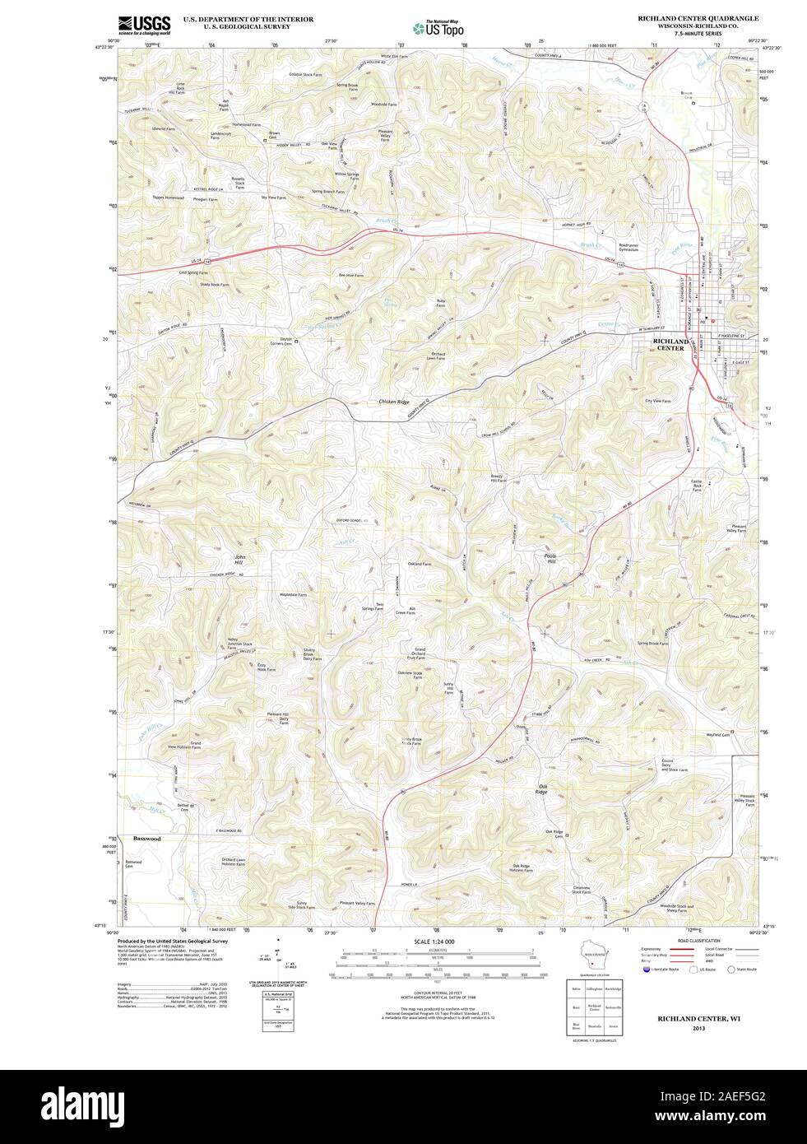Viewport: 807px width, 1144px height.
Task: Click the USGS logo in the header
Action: [144, 24]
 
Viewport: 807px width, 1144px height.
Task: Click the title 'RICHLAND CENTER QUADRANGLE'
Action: [698, 17]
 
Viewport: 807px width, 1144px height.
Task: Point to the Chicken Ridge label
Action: [393, 401]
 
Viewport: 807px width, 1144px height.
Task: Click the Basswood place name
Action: [146, 838]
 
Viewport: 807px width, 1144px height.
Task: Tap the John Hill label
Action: [240, 560]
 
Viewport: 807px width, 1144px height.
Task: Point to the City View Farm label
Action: [657, 401]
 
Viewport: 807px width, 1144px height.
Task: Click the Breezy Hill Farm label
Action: [499, 478]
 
